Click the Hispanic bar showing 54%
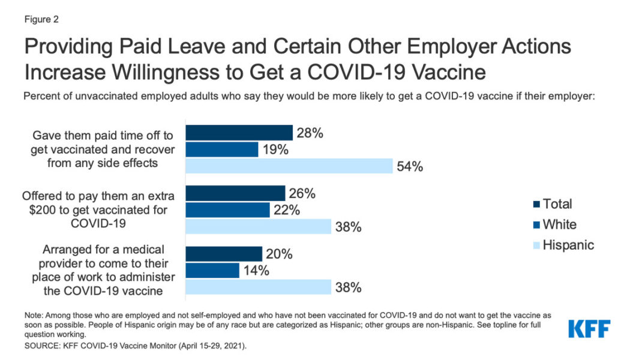[289, 166]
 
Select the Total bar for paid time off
[239, 133]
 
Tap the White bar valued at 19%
[221, 149]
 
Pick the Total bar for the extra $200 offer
[235, 193]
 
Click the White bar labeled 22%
[227, 210]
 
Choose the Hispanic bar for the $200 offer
[258, 226]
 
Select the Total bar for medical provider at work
[224, 254]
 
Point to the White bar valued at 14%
[212, 271]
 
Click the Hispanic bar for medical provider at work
[258, 287]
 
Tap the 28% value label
[310, 133]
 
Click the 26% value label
[302, 193]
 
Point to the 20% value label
[279, 254]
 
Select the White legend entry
[559, 224]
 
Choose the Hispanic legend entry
[568, 245]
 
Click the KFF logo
[589, 329]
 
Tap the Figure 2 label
[41, 19]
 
